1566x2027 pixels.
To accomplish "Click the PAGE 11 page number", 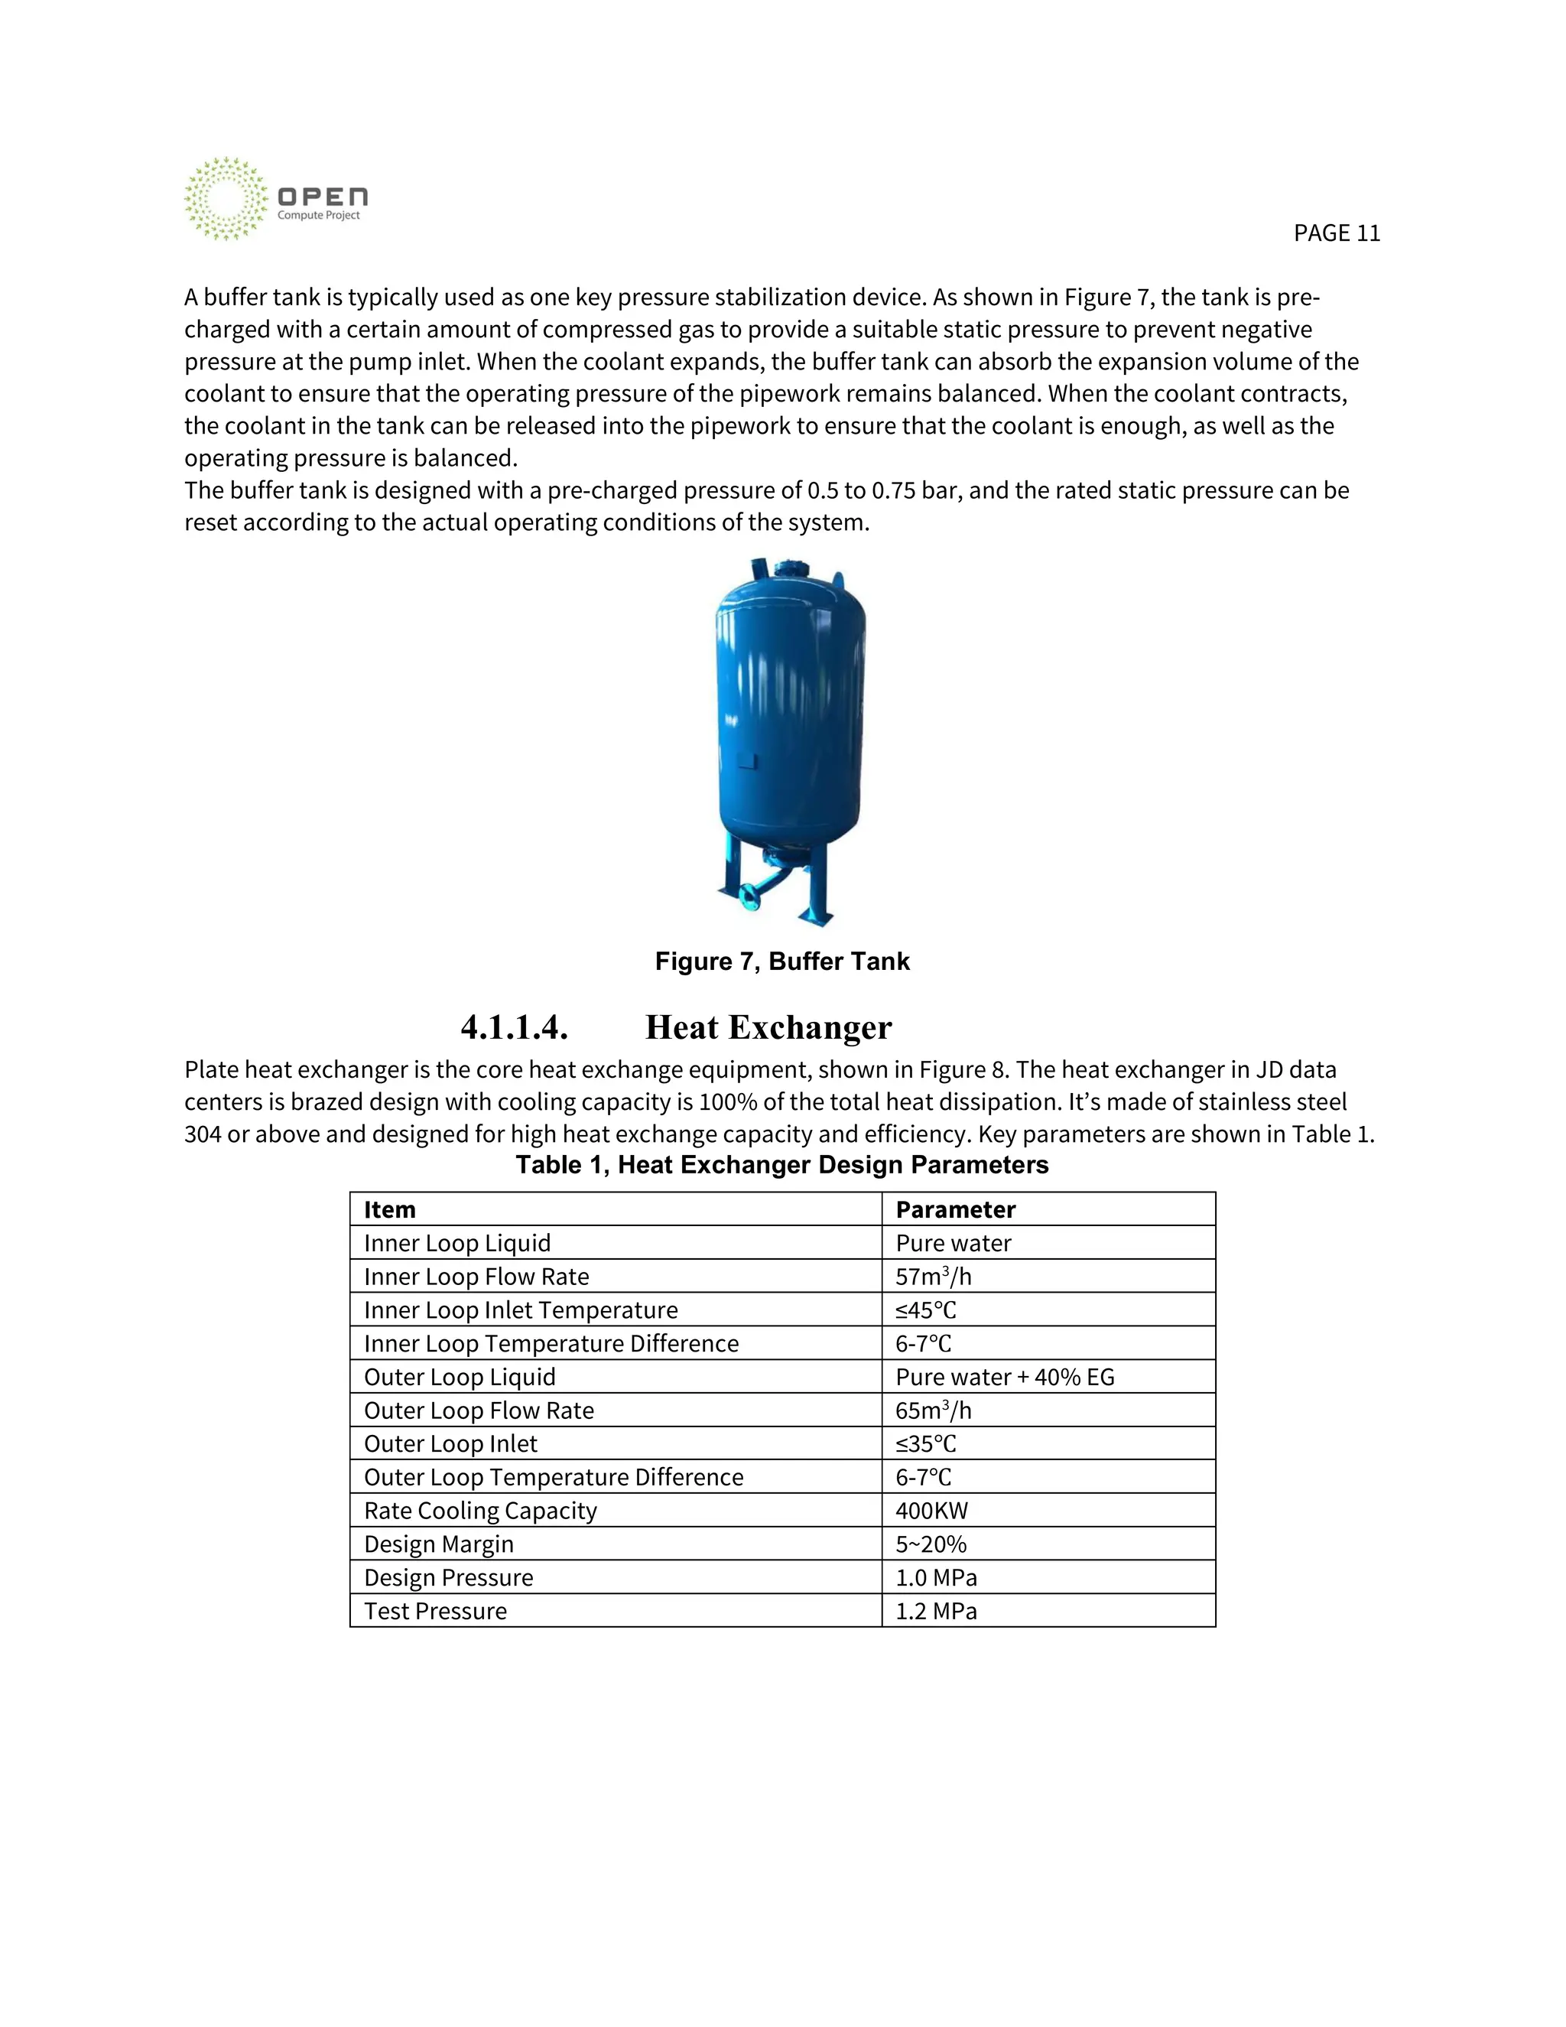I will click(1336, 233).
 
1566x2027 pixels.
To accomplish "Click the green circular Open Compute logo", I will click(225, 199).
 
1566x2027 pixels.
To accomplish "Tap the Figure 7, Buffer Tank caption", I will click(782, 961).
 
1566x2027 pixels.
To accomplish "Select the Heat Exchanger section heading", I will click(768, 1027).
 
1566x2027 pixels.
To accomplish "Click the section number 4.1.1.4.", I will click(514, 1027).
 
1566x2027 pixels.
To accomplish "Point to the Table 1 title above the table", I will click(782, 1165).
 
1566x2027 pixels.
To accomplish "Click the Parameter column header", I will click(956, 1209).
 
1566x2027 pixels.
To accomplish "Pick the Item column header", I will click(390, 1209).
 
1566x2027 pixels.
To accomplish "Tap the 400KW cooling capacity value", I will click(931, 1510).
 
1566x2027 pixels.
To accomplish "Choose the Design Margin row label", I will click(439, 1544).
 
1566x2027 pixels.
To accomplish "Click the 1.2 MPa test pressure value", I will click(936, 1610).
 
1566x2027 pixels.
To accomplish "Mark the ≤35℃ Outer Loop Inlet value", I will click(926, 1443).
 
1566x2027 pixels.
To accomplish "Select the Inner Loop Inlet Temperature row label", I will click(521, 1310).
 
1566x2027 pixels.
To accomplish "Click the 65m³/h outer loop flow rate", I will click(934, 1410).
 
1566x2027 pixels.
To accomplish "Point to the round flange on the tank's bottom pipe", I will click(749, 896).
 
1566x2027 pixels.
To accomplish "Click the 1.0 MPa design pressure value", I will click(936, 1577).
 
